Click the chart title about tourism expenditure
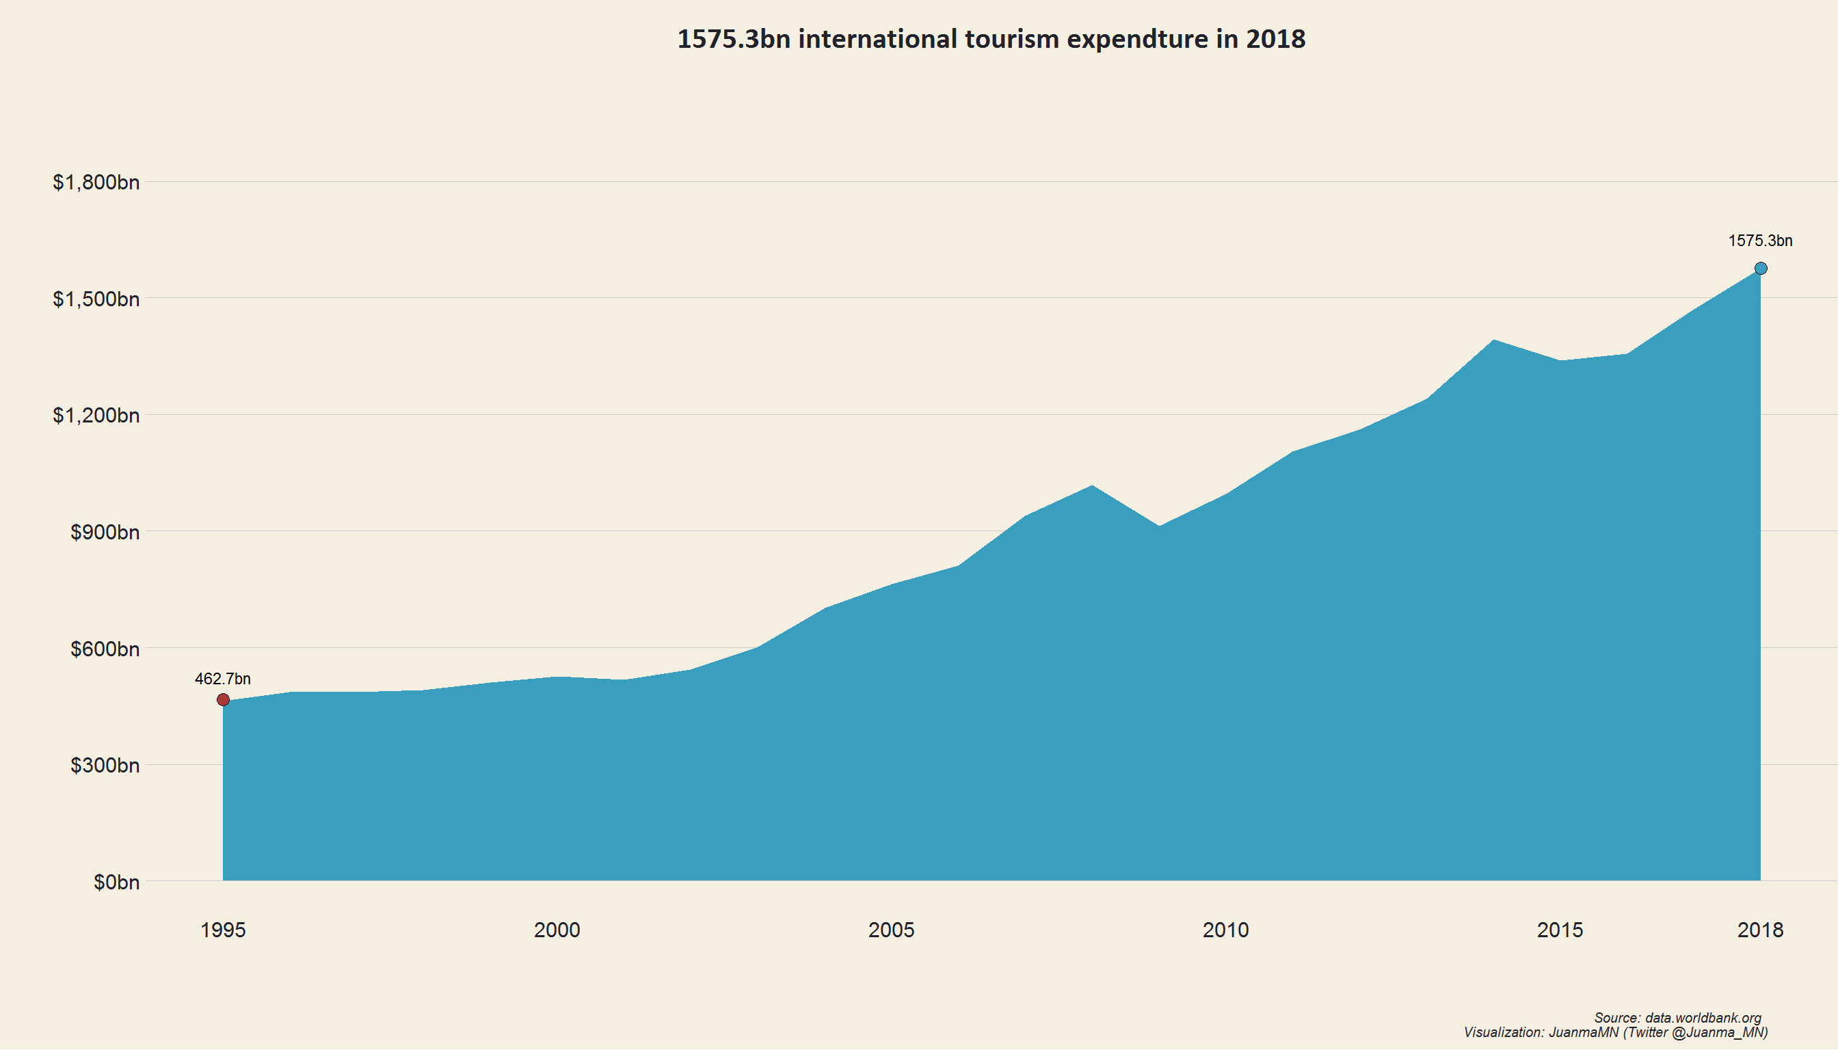(990, 39)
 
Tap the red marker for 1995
(223, 699)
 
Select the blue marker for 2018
(1760, 268)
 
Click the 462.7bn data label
(223, 679)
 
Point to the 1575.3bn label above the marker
(1760, 241)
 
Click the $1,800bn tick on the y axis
(96, 183)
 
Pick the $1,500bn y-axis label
(96, 299)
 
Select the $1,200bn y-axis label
(96, 416)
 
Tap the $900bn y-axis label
(105, 533)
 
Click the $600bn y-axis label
(105, 649)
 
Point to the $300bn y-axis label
(105, 765)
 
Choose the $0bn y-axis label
(116, 882)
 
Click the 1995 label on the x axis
(223, 930)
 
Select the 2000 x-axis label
(557, 930)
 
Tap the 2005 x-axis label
(891, 930)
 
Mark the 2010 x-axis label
(1225, 930)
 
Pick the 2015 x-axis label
(1560, 930)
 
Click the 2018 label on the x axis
(1760, 930)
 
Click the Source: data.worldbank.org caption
(1677, 1018)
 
